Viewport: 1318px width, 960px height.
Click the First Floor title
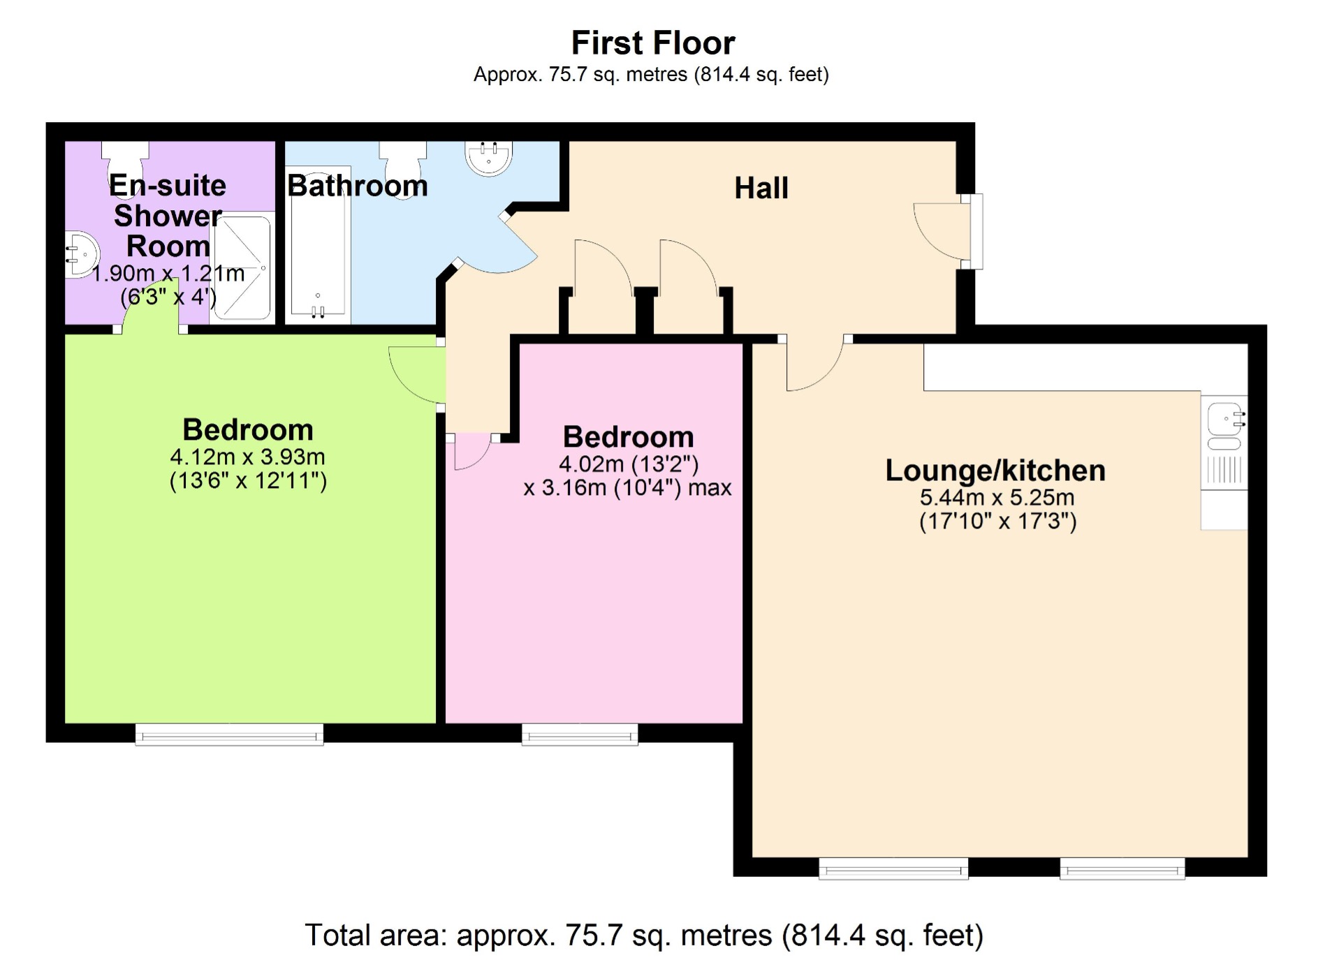click(652, 43)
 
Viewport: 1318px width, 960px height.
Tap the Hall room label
click(761, 189)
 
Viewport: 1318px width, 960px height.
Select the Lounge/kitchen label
click(995, 471)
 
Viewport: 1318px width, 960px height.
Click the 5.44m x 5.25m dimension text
click(997, 498)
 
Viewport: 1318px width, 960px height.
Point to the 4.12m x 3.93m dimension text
click(247, 457)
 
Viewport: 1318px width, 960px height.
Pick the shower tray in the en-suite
click(242, 268)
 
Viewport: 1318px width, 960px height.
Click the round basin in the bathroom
click(488, 157)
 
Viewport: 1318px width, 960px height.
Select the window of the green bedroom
click(229, 734)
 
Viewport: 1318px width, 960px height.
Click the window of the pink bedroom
click(580, 734)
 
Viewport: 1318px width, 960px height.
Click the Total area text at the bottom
click(644, 936)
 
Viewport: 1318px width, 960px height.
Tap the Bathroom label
click(357, 186)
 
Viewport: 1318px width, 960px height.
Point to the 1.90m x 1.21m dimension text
click(168, 274)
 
